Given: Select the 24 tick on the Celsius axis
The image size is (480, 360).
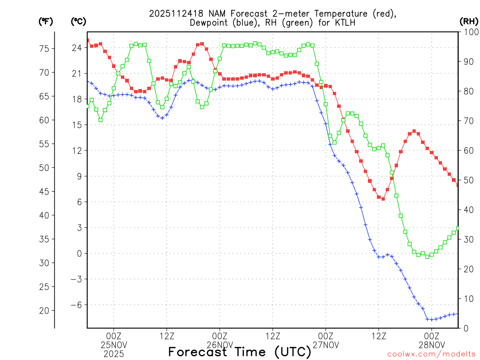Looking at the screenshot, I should pyautogui.click(x=77, y=48).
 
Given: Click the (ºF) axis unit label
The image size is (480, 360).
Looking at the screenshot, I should pyautogui.click(x=45, y=21).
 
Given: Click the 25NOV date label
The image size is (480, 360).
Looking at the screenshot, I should pyautogui.click(x=113, y=345).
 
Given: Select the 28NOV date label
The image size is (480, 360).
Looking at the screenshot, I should pyautogui.click(x=432, y=345).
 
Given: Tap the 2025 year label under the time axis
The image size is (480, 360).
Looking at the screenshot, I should pyautogui.click(x=113, y=354).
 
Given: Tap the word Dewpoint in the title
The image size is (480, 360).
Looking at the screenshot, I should pyautogui.click(x=210, y=22).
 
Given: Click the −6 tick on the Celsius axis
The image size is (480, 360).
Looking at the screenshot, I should pyautogui.click(x=76, y=305).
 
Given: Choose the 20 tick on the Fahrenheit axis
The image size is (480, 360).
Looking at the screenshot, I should pyautogui.click(x=45, y=310).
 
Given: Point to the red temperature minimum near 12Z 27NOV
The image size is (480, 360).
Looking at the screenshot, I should pyautogui.click(x=383, y=199).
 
